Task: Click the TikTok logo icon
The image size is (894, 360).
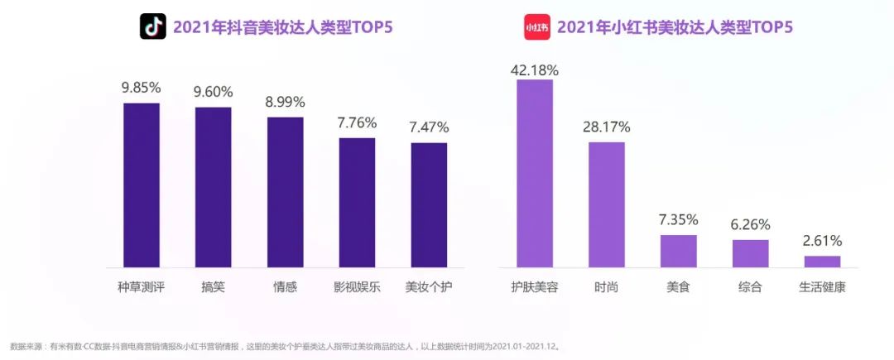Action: pos(152,27)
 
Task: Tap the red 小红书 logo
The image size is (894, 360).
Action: pos(537,27)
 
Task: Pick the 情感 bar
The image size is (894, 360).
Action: pos(285,192)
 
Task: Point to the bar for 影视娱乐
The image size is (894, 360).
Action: pos(357,202)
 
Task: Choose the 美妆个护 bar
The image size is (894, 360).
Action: pos(429,204)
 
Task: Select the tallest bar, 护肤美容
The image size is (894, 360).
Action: pos(535,173)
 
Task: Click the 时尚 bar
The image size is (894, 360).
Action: pos(607,204)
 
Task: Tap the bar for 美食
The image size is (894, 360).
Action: pos(679,251)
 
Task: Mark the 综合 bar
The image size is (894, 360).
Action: pos(751,253)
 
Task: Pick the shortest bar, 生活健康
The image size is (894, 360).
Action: pos(822,262)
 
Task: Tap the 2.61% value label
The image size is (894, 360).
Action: pos(822,241)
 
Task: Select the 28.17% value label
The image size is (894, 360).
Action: pos(607,127)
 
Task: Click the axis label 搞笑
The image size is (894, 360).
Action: pos(213,288)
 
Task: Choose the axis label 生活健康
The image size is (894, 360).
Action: pos(822,288)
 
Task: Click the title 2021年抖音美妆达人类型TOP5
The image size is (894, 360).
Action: pos(282,27)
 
